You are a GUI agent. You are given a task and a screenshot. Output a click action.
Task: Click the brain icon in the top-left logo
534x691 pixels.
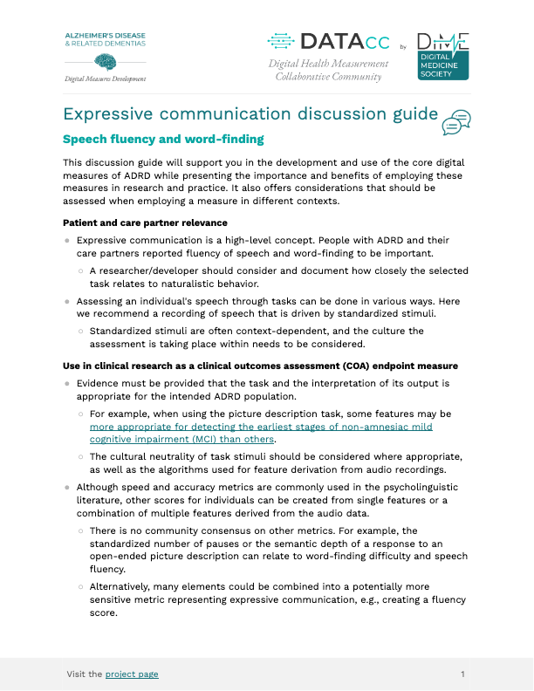[x=106, y=62]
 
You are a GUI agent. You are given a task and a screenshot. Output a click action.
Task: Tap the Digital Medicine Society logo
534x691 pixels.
[x=443, y=56]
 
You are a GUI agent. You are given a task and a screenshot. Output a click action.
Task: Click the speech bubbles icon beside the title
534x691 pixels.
[x=456, y=122]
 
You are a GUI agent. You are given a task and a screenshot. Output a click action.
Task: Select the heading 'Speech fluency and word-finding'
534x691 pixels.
[x=164, y=140]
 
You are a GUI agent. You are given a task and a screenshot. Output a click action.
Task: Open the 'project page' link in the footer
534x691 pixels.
[x=132, y=674]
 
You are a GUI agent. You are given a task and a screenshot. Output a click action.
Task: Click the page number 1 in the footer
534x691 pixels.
[x=462, y=674]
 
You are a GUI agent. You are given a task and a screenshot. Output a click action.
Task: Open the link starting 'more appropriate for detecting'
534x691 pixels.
[x=261, y=428]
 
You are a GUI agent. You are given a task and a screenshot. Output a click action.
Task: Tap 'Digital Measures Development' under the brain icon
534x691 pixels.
[x=106, y=78]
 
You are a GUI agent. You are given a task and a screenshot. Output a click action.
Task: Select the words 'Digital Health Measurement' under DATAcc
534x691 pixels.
[x=328, y=64]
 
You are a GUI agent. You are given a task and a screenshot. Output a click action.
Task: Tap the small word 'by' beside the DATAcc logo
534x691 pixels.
[x=402, y=46]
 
